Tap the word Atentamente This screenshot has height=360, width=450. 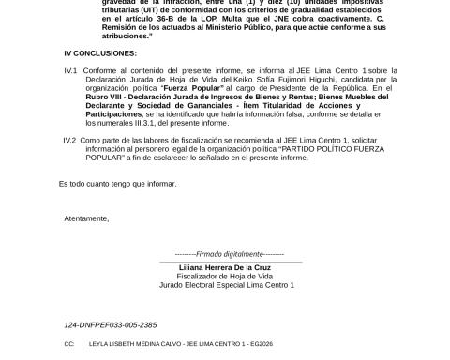[x=87, y=218]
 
